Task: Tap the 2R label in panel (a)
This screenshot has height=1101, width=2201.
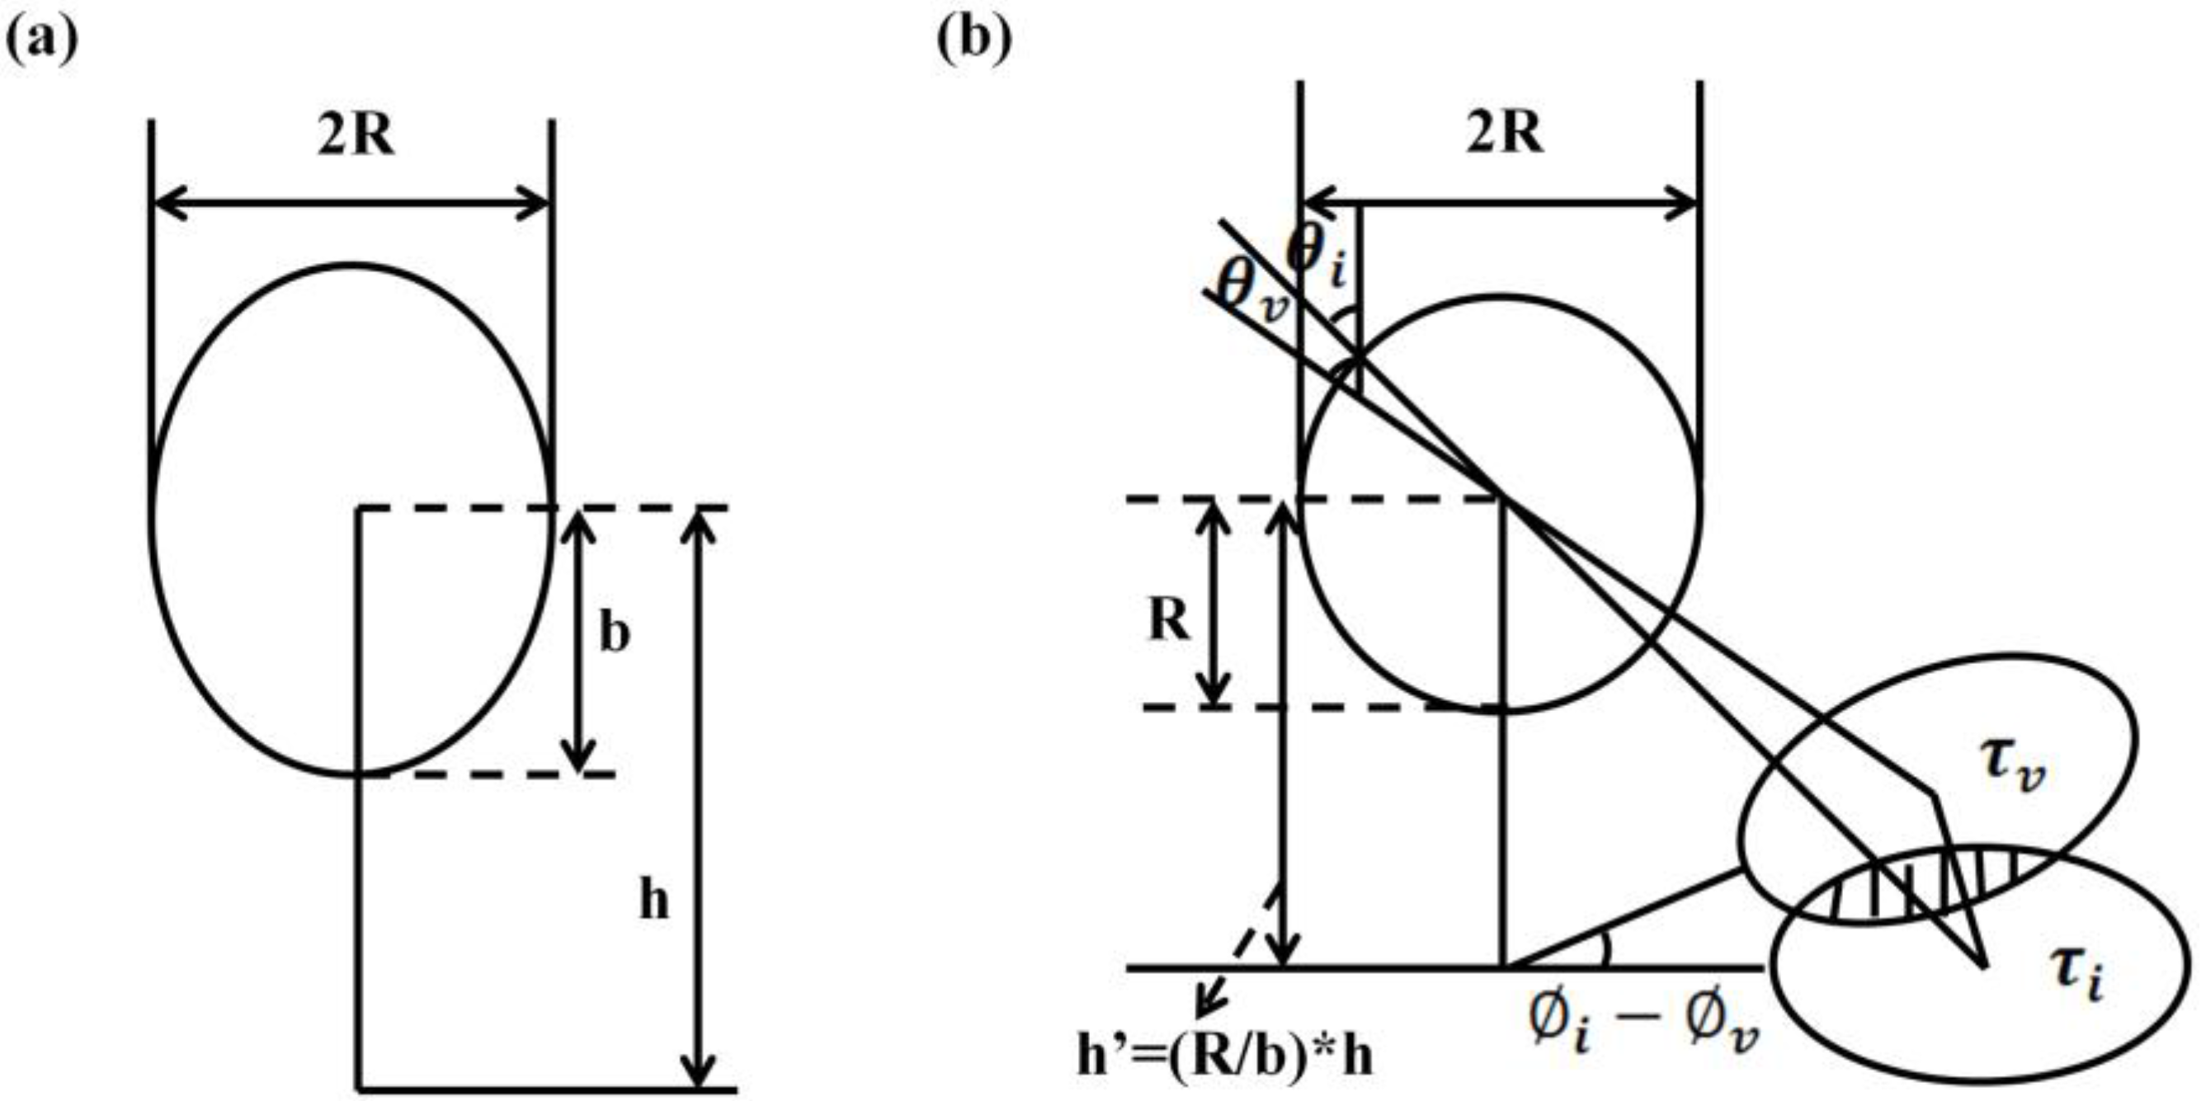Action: pos(356,136)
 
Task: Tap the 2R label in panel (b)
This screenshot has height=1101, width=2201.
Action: pos(1505,134)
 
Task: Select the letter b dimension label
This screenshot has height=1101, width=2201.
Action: pos(614,633)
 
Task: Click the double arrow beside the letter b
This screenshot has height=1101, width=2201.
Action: pos(579,641)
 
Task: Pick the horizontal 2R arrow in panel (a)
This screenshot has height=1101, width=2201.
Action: pos(351,205)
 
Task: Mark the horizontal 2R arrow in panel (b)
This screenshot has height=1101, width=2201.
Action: pos(1500,205)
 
